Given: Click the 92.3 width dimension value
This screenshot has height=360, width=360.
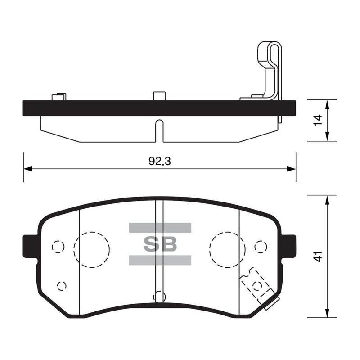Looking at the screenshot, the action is [160, 161].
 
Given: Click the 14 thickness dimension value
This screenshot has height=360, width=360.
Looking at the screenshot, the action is [318, 120].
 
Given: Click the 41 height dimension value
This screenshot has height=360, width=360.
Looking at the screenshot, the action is [318, 256].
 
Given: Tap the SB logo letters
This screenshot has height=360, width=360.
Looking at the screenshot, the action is [160, 244].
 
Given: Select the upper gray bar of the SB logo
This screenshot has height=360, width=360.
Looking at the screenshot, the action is [160, 228].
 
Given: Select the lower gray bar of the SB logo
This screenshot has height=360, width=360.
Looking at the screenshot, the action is [160, 260].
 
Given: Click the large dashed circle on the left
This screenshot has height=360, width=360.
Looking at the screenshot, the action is [74, 250].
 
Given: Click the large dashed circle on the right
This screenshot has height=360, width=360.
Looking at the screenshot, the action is [210, 250].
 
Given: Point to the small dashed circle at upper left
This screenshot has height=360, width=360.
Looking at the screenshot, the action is [52, 247].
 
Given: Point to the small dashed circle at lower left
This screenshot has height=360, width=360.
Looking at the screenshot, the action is [58, 286].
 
